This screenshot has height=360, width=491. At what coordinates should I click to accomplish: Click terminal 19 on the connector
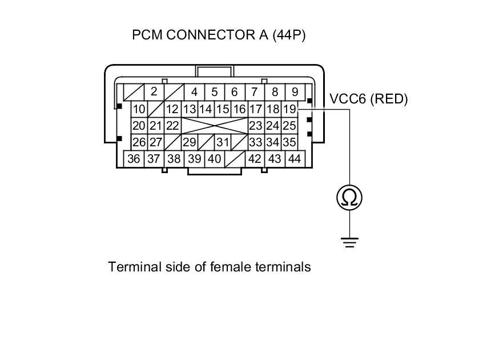tap(289, 109)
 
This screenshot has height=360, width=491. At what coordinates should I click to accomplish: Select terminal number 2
tap(154, 91)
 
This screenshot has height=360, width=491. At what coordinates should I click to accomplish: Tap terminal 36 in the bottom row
tap(134, 159)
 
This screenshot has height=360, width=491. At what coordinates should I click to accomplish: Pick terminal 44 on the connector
tap(294, 159)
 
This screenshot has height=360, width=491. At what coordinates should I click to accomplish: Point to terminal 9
tap(295, 91)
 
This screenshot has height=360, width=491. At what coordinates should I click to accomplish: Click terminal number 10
tap(139, 109)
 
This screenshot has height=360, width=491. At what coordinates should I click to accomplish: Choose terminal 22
tap(172, 126)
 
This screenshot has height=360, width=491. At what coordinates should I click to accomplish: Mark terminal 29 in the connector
tap(189, 142)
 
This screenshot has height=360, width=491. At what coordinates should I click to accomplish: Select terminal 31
tap(223, 142)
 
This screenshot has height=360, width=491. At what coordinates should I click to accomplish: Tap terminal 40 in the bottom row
tap(214, 159)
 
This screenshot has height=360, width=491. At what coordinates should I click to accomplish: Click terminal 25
tap(289, 126)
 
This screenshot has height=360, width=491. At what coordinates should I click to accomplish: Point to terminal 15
tap(223, 109)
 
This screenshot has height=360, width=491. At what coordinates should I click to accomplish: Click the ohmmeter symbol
tap(349, 198)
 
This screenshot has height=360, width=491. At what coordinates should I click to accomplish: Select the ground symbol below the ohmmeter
tap(349, 242)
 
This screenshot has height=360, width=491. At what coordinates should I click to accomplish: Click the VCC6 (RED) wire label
tap(369, 99)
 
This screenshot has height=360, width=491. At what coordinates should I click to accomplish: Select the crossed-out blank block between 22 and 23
tap(214, 126)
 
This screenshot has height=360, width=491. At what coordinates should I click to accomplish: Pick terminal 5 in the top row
tap(214, 91)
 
